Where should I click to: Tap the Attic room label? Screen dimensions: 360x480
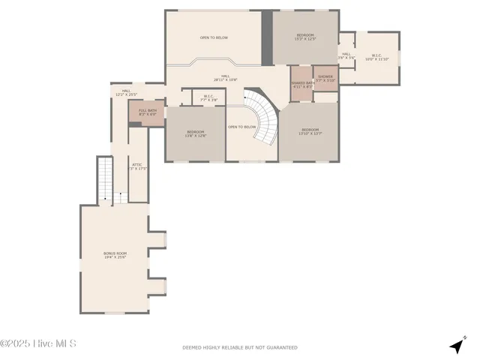[137, 166]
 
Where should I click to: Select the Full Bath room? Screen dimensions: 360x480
[147, 112]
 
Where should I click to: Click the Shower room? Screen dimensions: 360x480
[325, 77]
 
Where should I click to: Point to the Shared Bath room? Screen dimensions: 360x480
[302, 84]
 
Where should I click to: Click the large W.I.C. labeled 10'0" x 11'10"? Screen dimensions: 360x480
[376, 57]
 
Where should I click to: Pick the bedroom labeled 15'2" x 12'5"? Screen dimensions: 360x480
[305, 37]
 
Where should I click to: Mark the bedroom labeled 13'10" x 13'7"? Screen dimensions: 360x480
[310, 132]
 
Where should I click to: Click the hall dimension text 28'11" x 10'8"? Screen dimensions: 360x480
[225, 79]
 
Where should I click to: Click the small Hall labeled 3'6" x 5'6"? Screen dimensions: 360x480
[346, 55]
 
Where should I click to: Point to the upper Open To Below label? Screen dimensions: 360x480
[214, 37]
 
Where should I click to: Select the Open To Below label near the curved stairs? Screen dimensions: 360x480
[242, 127]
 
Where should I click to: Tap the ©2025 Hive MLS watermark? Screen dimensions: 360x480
[38, 344]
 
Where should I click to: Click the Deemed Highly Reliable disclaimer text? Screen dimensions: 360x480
[240, 347]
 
